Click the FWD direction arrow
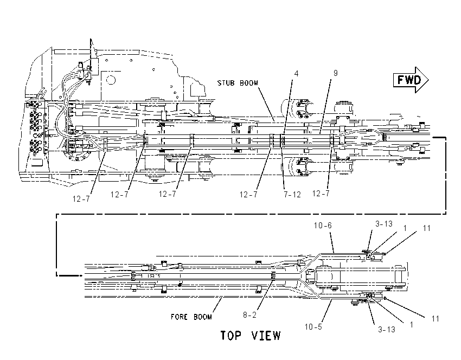click(411, 80)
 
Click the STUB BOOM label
click(238, 83)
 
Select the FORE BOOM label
click(191, 317)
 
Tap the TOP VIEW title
click(251, 336)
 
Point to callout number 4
click(296, 74)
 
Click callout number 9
click(336, 73)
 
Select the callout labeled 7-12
click(292, 195)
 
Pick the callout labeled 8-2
click(249, 315)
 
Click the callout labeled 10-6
click(323, 226)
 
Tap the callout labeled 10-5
click(313, 327)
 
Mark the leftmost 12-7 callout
click(81, 199)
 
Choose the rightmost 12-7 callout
click(321, 194)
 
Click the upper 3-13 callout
click(383, 224)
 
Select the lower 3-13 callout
click(386, 330)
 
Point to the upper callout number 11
click(427, 228)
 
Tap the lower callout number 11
click(436, 319)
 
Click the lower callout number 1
click(412, 324)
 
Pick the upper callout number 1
click(405, 228)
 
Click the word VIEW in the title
click(266, 336)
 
